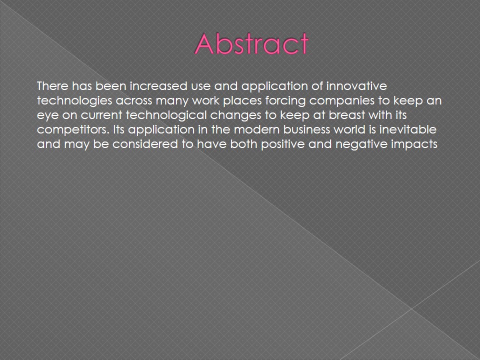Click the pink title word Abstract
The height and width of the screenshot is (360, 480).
251,43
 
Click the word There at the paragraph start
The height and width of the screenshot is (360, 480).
52,85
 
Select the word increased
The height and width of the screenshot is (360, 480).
158,85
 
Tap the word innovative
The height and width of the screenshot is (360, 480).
356,85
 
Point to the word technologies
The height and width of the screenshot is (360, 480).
74,100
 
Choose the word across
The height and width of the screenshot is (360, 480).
134,100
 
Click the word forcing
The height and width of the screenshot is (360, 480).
285,100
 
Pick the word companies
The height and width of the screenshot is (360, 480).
341,100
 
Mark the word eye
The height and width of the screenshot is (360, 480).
47,115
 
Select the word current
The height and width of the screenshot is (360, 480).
101,115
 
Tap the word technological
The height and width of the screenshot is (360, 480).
166,115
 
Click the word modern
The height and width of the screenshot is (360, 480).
256,130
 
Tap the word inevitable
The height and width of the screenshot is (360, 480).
408,130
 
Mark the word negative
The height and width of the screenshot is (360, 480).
361,144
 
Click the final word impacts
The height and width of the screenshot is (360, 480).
414,144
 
